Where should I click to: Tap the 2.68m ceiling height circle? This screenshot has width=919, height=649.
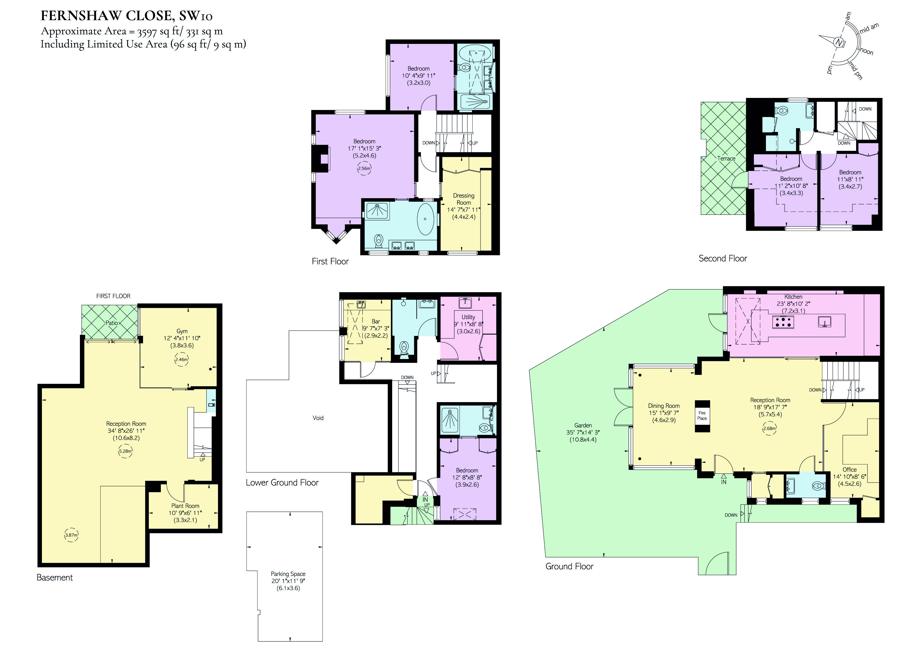(769, 429)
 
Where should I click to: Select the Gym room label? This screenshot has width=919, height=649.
(182, 331)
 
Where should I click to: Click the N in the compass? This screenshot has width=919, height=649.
(839, 42)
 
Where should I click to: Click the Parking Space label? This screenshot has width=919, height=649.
(288, 574)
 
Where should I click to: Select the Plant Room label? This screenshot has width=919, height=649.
(185, 506)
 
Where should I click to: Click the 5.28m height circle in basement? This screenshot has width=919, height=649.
(125, 451)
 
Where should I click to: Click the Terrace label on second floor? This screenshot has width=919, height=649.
(726, 158)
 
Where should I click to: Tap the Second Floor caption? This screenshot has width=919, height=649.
(723, 259)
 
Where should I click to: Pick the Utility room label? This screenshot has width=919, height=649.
(468, 317)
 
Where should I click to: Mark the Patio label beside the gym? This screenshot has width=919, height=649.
(111, 323)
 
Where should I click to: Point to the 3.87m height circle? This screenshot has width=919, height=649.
(71, 535)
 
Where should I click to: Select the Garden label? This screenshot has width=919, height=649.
(583, 425)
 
